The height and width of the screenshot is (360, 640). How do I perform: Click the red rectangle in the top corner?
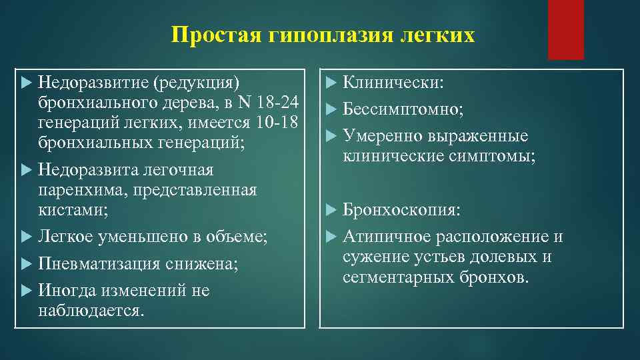(x=565, y=29)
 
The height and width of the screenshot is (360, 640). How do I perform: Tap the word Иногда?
(x=67, y=291)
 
